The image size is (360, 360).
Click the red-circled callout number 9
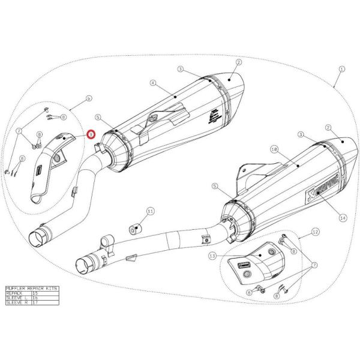[91, 134]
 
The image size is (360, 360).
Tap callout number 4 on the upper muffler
[152, 82]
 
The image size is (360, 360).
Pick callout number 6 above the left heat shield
[88, 97]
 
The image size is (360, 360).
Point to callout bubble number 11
[150, 211]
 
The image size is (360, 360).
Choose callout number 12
[316, 230]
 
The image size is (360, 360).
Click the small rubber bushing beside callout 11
[134, 229]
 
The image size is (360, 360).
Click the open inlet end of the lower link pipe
[85, 263]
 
